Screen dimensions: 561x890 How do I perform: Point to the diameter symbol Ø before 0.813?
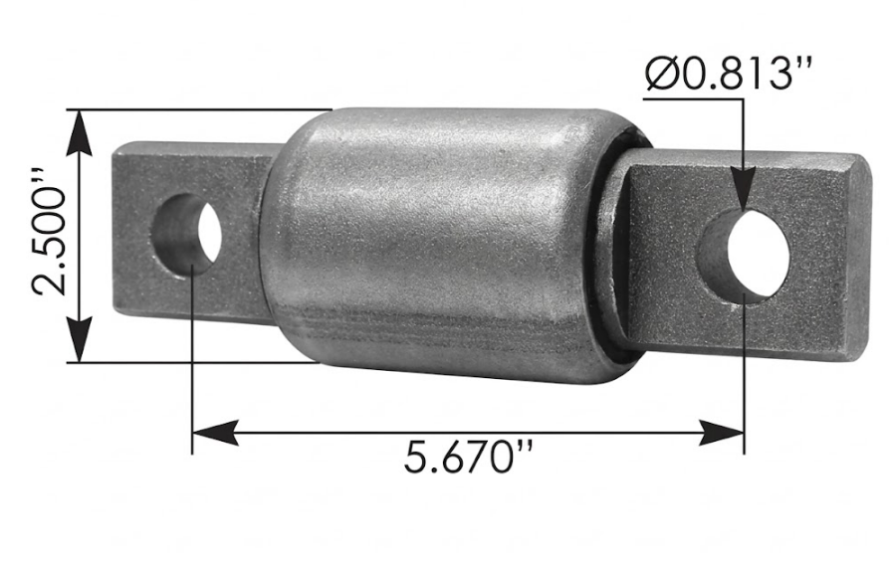click(658, 76)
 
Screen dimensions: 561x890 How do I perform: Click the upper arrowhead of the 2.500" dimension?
click(80, 129)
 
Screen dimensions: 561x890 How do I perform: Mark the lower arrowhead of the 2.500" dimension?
click(80, 343)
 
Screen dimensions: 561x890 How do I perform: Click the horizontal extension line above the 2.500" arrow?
click(199, 107)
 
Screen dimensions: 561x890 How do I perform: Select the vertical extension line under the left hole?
click(191, 378)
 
